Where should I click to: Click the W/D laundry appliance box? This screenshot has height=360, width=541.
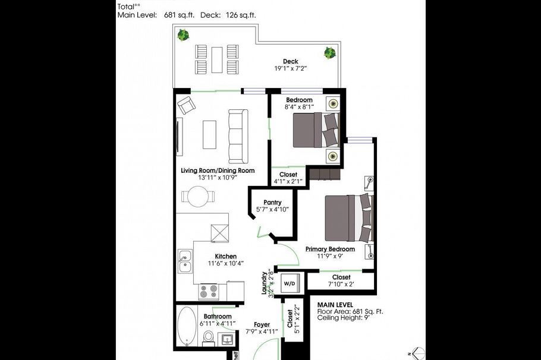[289, 283]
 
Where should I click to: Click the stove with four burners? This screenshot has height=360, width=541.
[209, 292]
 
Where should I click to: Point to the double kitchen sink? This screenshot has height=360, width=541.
[184, 263]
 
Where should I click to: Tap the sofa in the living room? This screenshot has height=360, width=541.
[238, 137]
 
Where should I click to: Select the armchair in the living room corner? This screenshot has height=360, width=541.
[187, 105]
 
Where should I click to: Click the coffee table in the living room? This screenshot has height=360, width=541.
[210, 135]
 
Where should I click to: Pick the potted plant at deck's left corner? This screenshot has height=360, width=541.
[184, 36]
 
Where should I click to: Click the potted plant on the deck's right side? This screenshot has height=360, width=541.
[329, 53]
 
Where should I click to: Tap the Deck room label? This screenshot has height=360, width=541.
[290, 61]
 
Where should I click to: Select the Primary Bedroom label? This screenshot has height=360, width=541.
[330, 249]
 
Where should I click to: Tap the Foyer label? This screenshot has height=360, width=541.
[262, 324]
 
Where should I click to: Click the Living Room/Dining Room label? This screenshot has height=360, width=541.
[218, 170]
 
